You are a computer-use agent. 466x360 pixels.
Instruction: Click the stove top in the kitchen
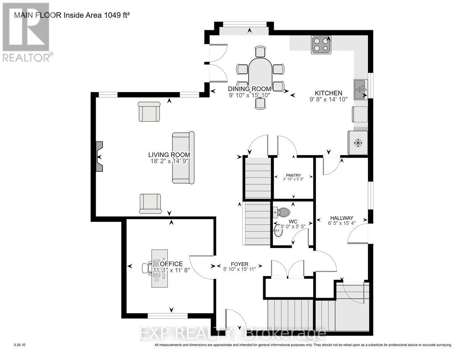pyautogui.click(x=321, y=45)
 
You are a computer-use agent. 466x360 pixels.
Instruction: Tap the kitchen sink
pyautogui.click(x=360, y=90)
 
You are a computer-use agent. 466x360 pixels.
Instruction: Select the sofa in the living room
pyautogui.click(x=183, y=158)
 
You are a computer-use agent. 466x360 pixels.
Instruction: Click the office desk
pyautogui.click(x=159, y=268)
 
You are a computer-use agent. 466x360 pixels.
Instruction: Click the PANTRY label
pyautogui.click(x=294, y=175)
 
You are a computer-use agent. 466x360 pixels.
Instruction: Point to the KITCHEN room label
pyautogui.click(x=328, y=93)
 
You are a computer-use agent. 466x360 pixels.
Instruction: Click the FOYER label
pyautogui.click(x=240, y=264)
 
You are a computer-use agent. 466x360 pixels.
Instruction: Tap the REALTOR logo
pyautogui.click(x=26, y=32)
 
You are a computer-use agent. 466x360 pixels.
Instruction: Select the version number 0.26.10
pyautogui.click(x=19, y=345)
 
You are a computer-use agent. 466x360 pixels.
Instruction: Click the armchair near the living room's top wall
pyautogui.click(x=149, y=112)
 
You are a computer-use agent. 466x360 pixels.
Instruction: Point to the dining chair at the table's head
pyautogui.click(x=260, y=52)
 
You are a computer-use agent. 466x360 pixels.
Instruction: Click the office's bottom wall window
pyautogui.click(x=167, y=316)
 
